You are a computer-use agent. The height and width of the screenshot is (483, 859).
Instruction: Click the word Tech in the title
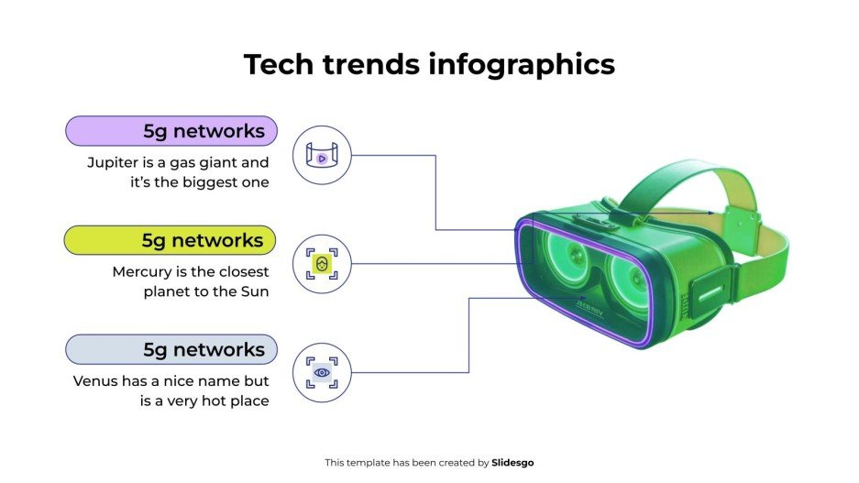(272, 64)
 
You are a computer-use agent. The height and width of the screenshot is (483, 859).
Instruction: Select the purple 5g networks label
(171, 131)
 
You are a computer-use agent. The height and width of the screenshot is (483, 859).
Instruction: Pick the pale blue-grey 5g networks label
(171, 350)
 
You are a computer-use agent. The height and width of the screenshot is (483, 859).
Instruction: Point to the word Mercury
(144, 272)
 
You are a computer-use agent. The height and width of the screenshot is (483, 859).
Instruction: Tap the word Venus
(96, 381)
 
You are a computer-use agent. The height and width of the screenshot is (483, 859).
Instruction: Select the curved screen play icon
(322, 156)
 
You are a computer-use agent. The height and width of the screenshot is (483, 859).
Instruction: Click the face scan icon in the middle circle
(322, 264)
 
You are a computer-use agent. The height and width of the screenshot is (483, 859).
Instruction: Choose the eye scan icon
(322, 373)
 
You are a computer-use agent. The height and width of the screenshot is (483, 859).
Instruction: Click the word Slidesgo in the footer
(512, 463)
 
